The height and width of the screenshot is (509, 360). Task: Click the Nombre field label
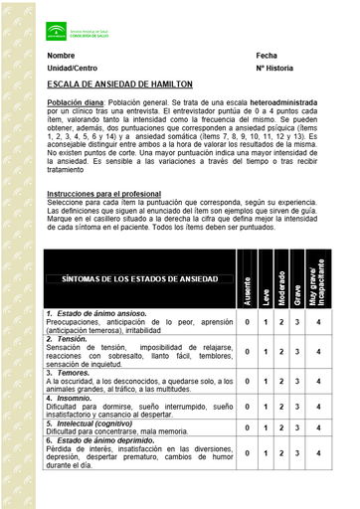pos(61,56)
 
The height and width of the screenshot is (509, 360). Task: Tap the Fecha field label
pos(266,56)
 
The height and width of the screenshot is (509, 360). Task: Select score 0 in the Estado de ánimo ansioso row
pos(247,322)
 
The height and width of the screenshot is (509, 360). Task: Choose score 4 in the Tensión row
pos(317,351)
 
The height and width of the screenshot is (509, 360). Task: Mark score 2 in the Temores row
pos(281,379)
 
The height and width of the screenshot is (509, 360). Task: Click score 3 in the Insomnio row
pos(297,406)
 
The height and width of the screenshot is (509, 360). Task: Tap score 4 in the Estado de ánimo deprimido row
pos(317,452)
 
